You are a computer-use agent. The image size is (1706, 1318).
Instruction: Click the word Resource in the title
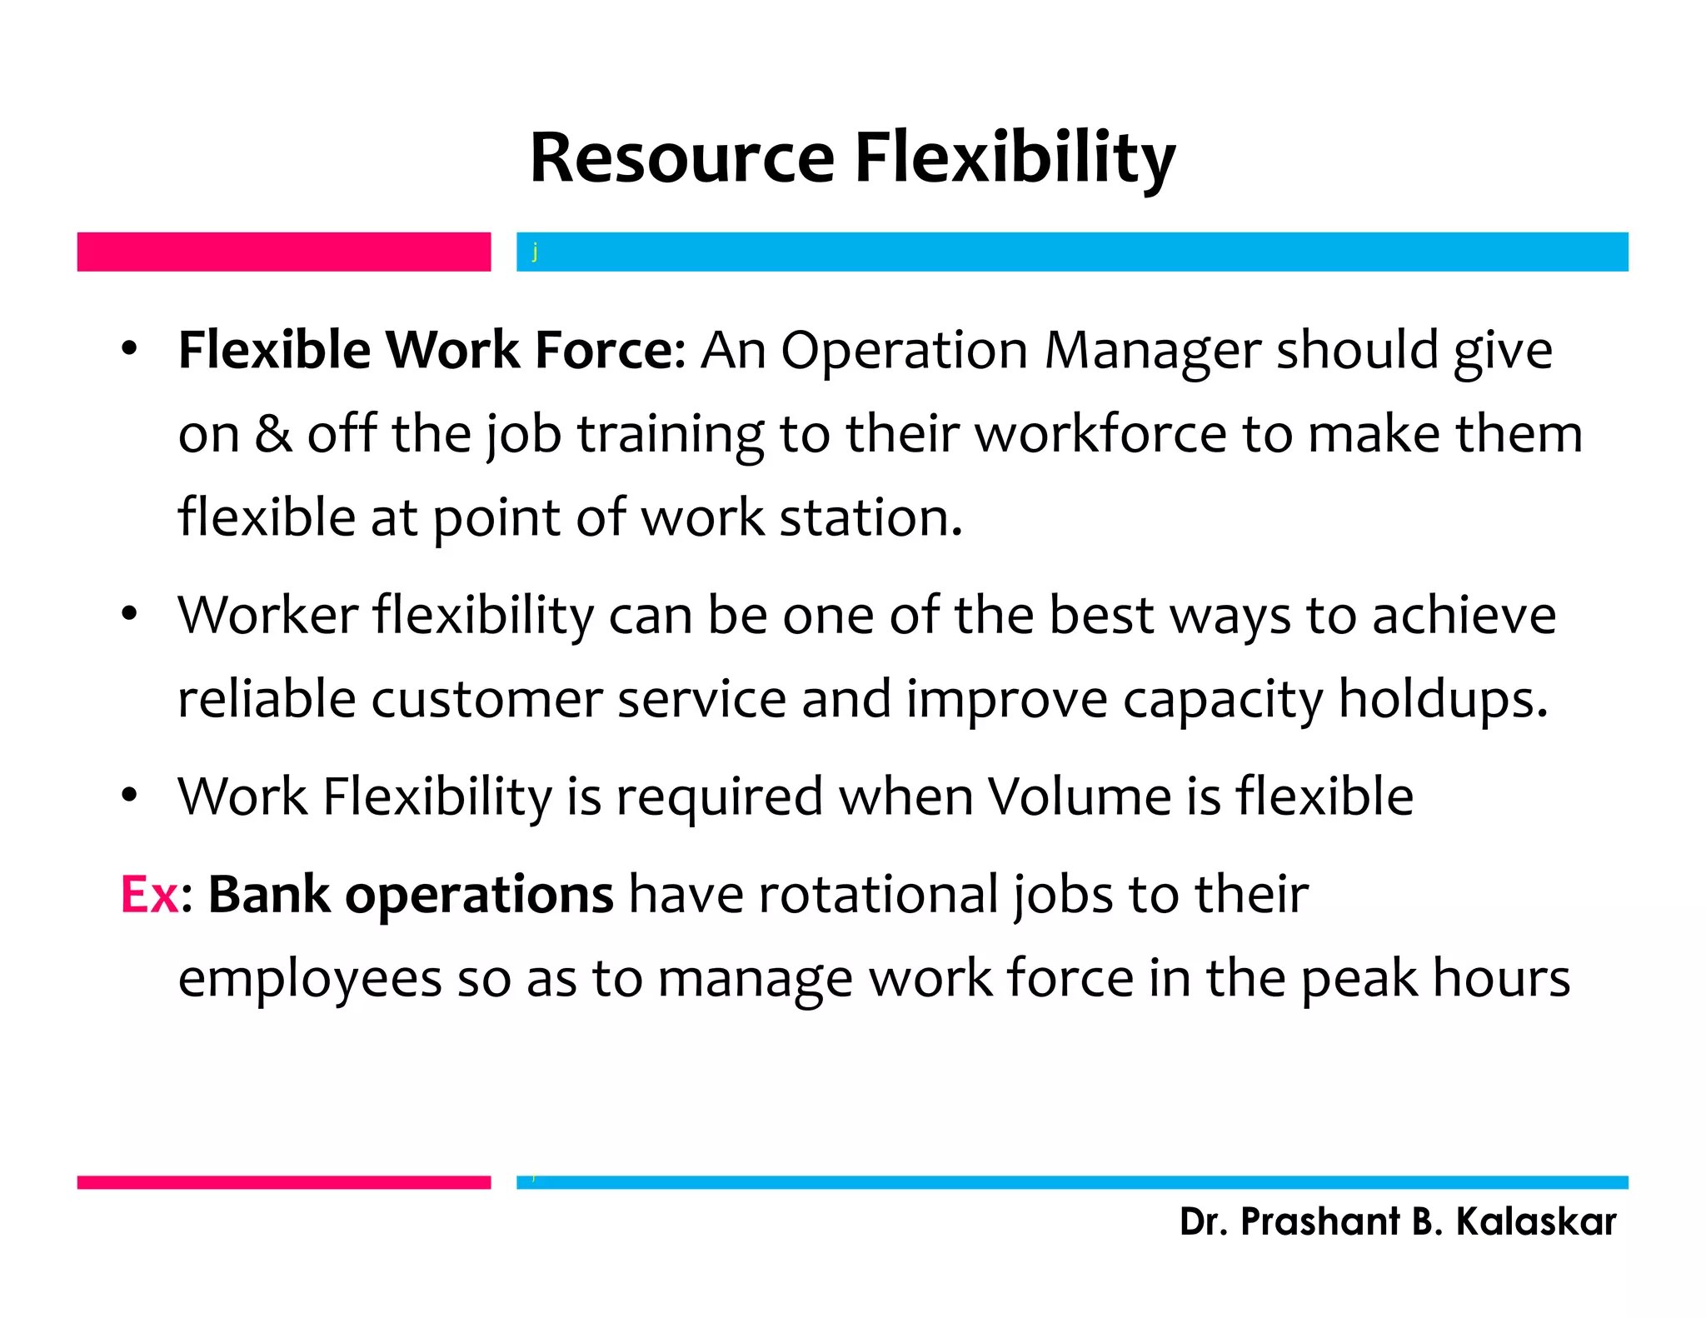(681, 158)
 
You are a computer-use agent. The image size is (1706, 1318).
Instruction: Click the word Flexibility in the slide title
(1015, 158)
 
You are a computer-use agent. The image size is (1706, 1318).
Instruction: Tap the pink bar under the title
(283, 252)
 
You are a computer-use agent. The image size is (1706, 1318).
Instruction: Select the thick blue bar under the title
(1072, 252)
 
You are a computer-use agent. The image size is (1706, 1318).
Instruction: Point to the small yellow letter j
(535, 251)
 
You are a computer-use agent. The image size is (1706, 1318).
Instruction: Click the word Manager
(1152, 350)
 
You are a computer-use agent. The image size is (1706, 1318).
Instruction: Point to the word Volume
(1080, 796)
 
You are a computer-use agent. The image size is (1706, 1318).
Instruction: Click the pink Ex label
(149, 895)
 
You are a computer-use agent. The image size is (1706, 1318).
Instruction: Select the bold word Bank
(269, 895)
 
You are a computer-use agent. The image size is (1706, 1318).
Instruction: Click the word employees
(310, 978)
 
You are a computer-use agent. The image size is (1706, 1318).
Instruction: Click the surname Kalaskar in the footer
(1535, 1222)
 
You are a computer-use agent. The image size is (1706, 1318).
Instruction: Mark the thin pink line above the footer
(283, 1182)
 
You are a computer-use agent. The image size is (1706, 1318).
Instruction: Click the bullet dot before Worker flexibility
(128, 615)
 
